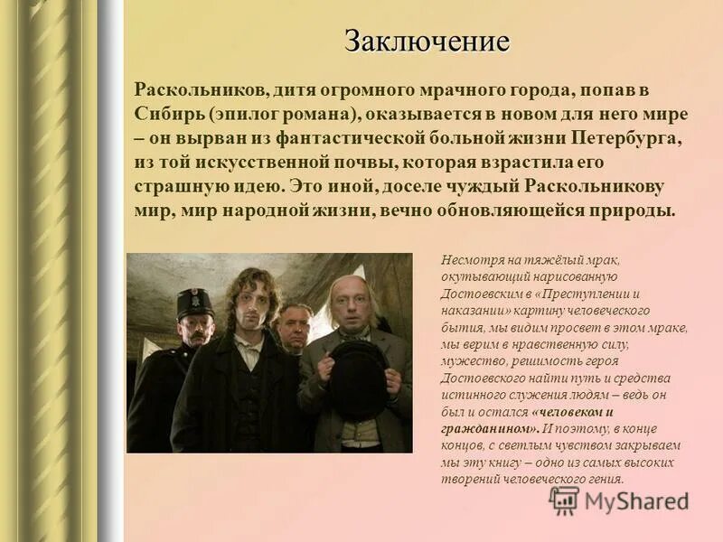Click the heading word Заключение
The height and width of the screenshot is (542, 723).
pyautogui.click(x=427, y=42)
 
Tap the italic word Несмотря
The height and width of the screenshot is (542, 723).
pyautogui.click(x=469, y=260)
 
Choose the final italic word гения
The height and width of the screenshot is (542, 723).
pyautogui.click(x=605, y=479)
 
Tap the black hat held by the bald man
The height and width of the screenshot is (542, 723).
pyautogui.click(x=359, y=379)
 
